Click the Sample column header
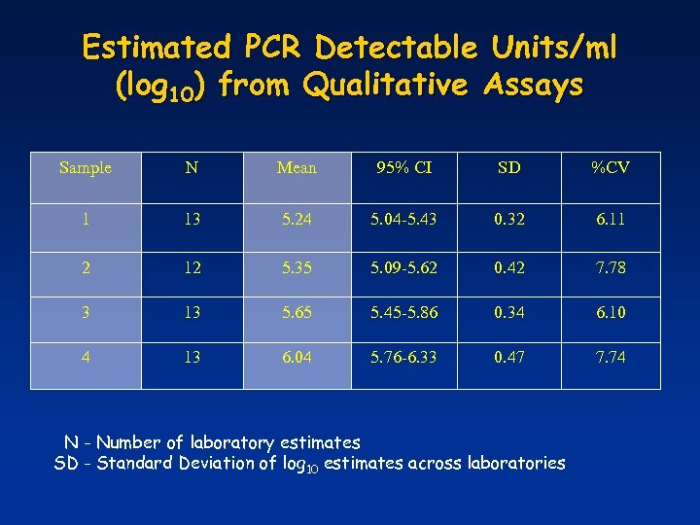(86, 168)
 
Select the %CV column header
(611, 168)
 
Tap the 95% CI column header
(404, 168)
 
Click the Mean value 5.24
(297, 220)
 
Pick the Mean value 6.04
(297, 357)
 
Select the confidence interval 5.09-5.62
(404, 265)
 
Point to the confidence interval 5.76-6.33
(404, 357)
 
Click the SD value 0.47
(508, 357)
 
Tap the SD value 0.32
(508, 220)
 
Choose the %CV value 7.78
(611, 265)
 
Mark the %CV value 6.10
(611, 311)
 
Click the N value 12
(192, 265)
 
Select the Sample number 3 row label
(86, 311)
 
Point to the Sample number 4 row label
(86, 357)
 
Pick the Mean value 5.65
(297, 311)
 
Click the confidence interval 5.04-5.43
(404, 220)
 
